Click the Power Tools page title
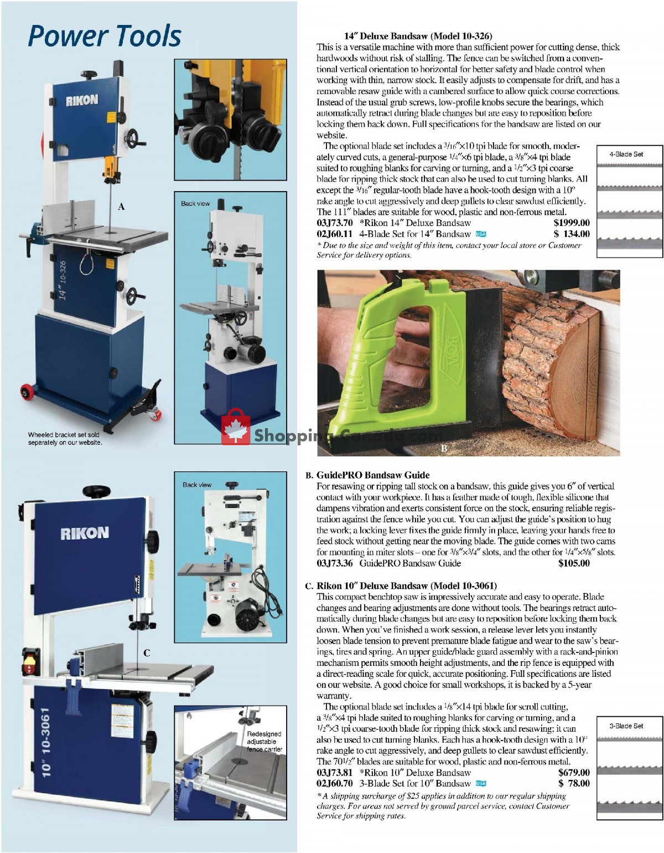(104, 36)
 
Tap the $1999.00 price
(571, 223)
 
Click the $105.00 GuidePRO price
(574, 563)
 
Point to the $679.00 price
(574, 773)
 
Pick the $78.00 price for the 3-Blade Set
(574, 784)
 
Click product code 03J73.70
(334, 223)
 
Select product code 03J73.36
(334, 563)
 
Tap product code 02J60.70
(334, 784)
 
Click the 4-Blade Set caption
(626, 155)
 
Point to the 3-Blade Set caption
(626, 726)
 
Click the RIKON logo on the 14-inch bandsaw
(82, 100)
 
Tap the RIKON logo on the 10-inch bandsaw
(84, 533)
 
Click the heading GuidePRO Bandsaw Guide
(372, 475)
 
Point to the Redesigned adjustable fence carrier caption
(264, 742)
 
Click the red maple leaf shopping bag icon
(236, 428)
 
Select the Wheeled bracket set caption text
(65, 439)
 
